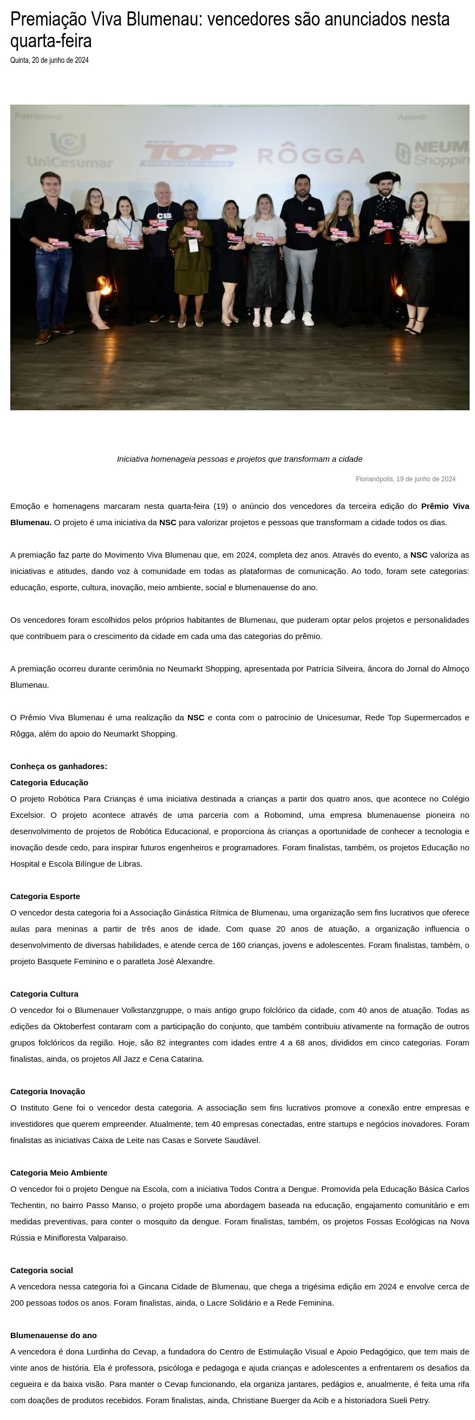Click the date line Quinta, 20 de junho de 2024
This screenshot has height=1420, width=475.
(x=49, y=60)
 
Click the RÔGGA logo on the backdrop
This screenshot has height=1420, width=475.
(x=311, y=155)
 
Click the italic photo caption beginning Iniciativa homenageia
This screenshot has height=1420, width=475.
(x=239, y=459)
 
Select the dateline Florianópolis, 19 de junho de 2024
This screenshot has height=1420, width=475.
(x=405, y=479)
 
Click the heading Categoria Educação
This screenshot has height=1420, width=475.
(x=49, y=782)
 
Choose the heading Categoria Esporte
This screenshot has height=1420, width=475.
(x=45, y=896)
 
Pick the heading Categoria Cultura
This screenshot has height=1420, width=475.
(x=44, y=993)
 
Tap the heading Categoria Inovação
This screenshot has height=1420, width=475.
(x=47, y=1091)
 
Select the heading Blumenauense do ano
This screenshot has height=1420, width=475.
(x=54, y=1334)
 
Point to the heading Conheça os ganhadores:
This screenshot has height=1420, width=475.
(x=58, y=766)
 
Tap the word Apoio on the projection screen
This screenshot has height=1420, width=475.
(x=412, y=117)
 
